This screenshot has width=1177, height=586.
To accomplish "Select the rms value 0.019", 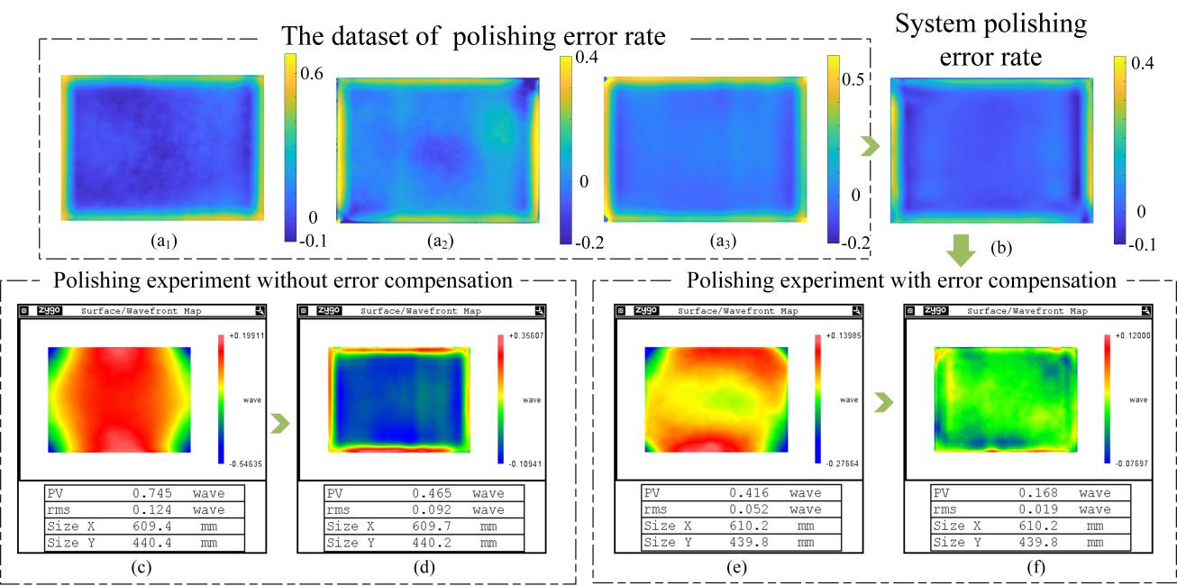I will (x=1017, y=510).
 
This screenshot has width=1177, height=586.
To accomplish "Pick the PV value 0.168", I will (x=1017, y=494).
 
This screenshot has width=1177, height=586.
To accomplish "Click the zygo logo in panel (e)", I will (x=644, y=311).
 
